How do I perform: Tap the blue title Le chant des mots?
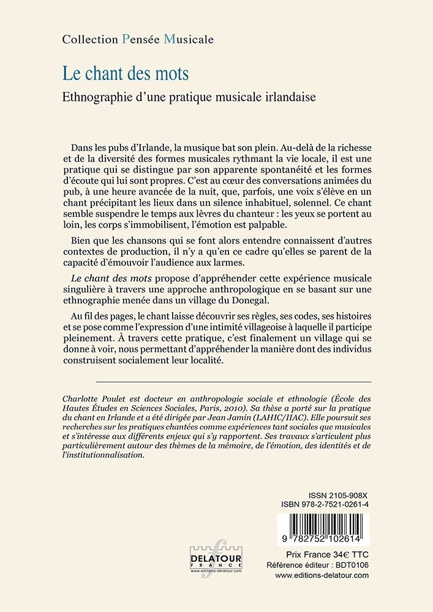(126, 73)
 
